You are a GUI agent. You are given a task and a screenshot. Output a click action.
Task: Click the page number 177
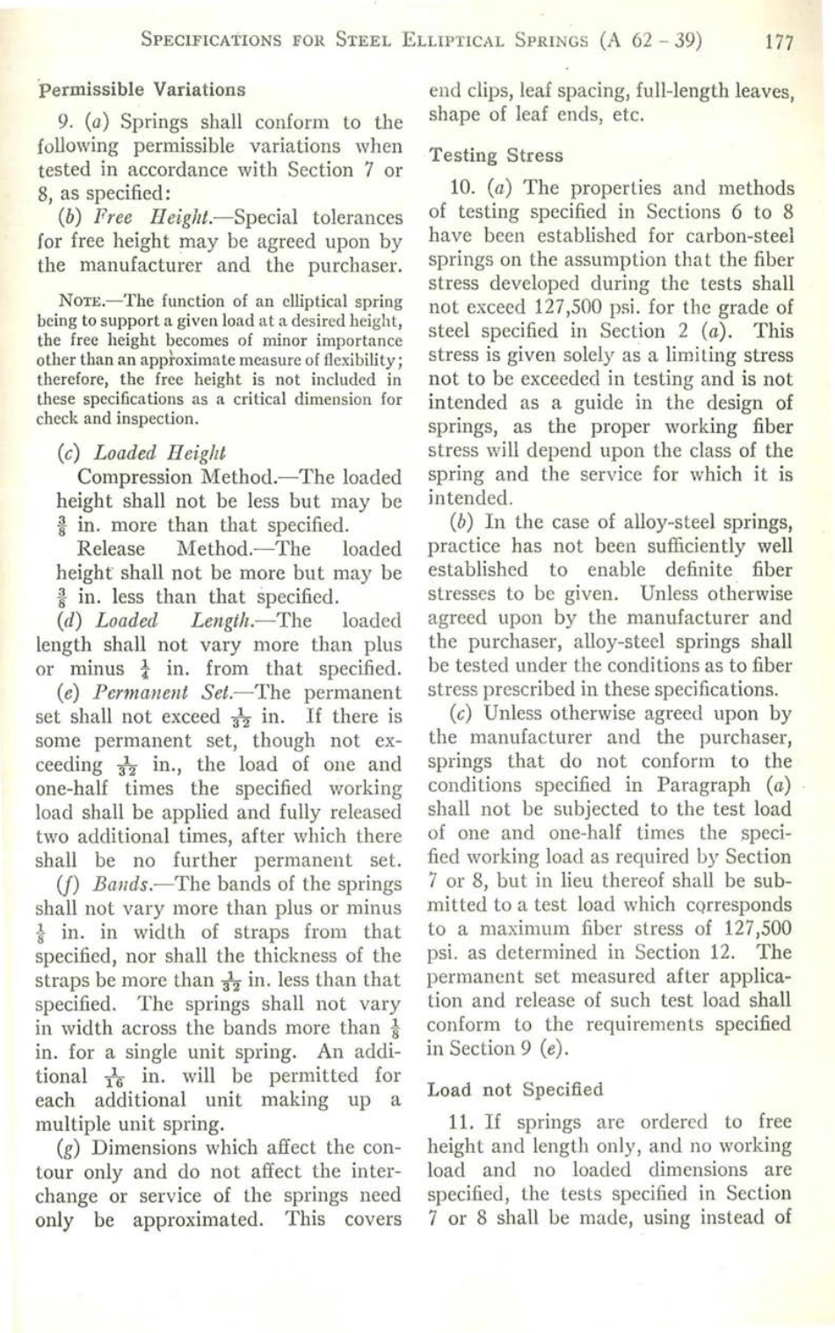(780, 40)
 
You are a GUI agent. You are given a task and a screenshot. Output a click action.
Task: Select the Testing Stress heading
(496, 156)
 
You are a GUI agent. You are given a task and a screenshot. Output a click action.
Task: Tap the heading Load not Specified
(515, 1090)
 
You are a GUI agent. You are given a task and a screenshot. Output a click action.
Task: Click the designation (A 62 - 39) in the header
(652, 40)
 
